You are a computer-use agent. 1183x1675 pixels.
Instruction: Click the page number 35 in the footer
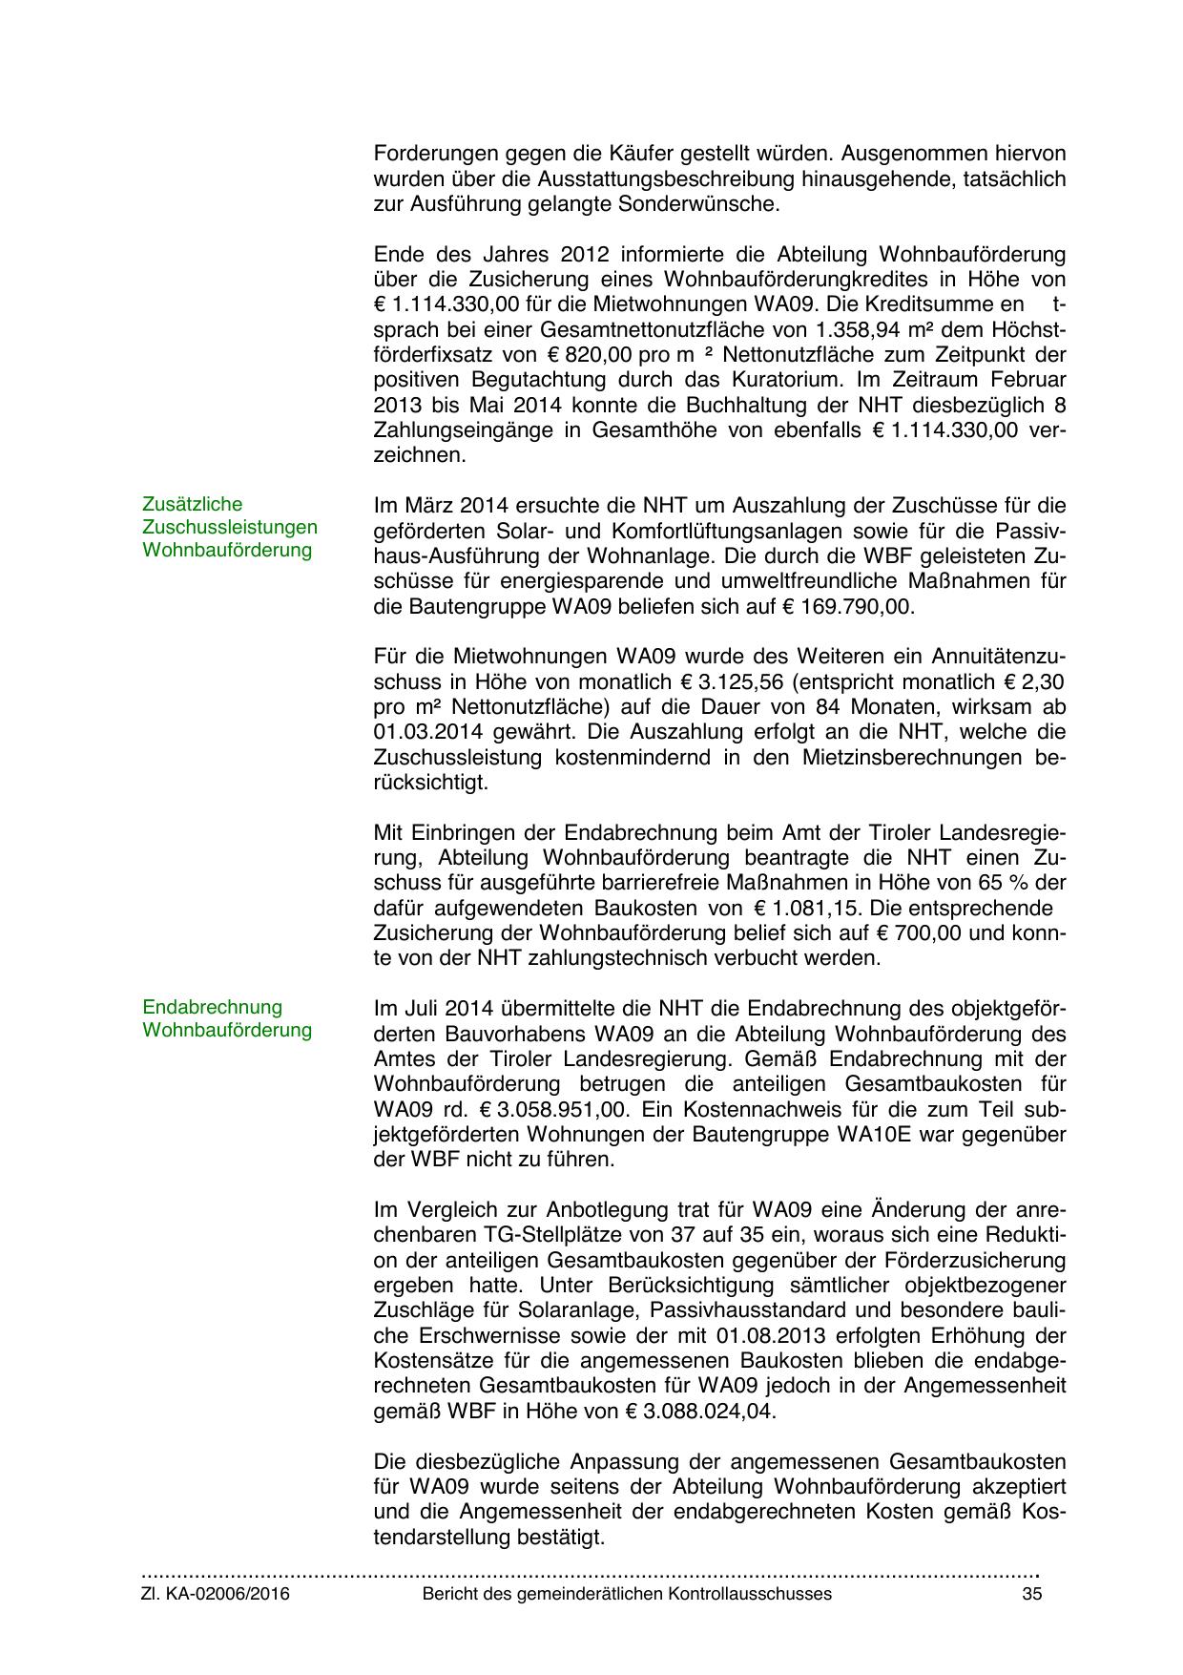click(1030, 1594)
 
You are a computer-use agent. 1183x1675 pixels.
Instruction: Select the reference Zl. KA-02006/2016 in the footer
click(216, 1594)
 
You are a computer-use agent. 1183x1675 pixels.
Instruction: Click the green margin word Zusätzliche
click(192, 504)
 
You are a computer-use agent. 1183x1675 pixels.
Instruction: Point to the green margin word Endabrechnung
click(212, 1007)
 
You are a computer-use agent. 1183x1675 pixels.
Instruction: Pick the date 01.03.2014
click(424, 732)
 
